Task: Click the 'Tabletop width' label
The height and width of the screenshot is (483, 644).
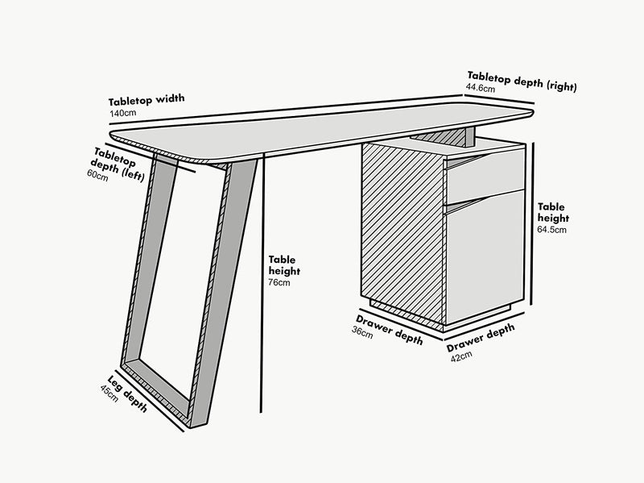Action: point(147,101)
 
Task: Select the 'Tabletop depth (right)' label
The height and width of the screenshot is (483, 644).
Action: point(522,78)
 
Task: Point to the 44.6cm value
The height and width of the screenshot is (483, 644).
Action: point(481,87)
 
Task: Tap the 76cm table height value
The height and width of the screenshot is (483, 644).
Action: point(279,282)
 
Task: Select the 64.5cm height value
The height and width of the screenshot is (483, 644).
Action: point(552,230)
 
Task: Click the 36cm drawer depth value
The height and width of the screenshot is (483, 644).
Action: point(363,332)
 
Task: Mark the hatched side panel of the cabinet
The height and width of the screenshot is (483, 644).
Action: point(402,234)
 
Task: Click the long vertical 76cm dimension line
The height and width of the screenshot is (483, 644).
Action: point(262,282)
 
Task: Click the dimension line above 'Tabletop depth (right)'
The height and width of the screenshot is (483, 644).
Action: point(503,97)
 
